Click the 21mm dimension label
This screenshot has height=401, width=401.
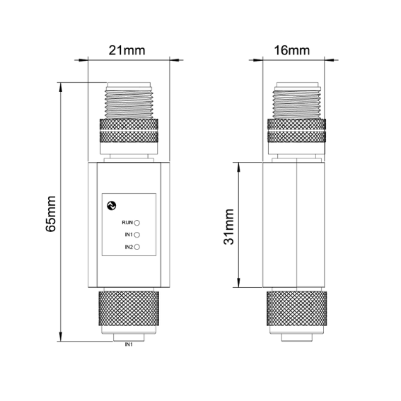click(x=127, y=50)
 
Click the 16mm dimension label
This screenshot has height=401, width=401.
click(x=292, y=50)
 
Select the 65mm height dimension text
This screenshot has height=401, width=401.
click(x=51, y=214)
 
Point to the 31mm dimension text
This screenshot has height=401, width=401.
click(x=228, y=227)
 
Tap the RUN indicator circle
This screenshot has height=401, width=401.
click(x=137, y=223)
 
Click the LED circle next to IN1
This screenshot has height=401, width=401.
click(x=137, y=235)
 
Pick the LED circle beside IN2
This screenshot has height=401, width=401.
click(x=137, y=247)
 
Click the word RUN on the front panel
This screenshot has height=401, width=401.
click(x=127, y=223)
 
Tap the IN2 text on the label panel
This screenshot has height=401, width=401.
click(x=129, y=247)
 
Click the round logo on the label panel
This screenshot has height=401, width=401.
click(x=112, y=206)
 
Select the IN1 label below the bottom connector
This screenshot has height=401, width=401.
click(x=129, y=344)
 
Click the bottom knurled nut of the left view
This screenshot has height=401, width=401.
click(x=129, y=308)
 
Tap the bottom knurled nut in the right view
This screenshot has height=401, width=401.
click(x=296, y=308)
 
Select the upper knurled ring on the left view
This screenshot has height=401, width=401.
click(x=129, y=130)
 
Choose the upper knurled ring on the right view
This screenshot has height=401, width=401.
click(x=296, y=130)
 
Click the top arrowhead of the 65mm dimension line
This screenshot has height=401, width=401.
click(x=61, y=87)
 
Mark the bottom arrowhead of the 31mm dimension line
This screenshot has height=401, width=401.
click(x=238, y=282)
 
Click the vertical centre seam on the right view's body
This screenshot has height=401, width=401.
click(x=296, y=224)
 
